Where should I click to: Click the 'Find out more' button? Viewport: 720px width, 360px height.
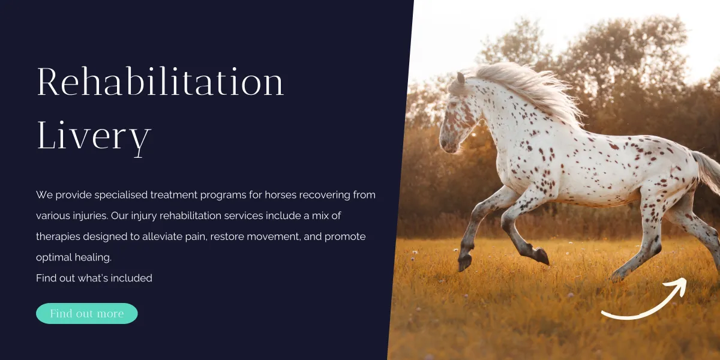pyautogui.click(x=87, y=313)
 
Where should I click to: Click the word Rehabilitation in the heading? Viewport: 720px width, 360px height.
pyautogui.click(x=160, y=82)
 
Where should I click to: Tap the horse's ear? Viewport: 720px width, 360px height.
pyautogui.click(x=461, y=78)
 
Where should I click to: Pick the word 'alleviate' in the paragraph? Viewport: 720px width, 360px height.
pyautogui.click(x=163, y=236)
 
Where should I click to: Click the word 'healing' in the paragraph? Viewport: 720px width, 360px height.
pyautogui.click(x=93, y=258)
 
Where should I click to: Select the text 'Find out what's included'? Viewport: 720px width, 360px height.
pyautogui.click(x=94, y=278)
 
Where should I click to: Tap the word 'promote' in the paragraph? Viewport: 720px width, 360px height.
pyautogui.click(x=345, y=237)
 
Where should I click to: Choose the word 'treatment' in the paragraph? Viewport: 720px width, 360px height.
pyautogui.click(x=174, y=195)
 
